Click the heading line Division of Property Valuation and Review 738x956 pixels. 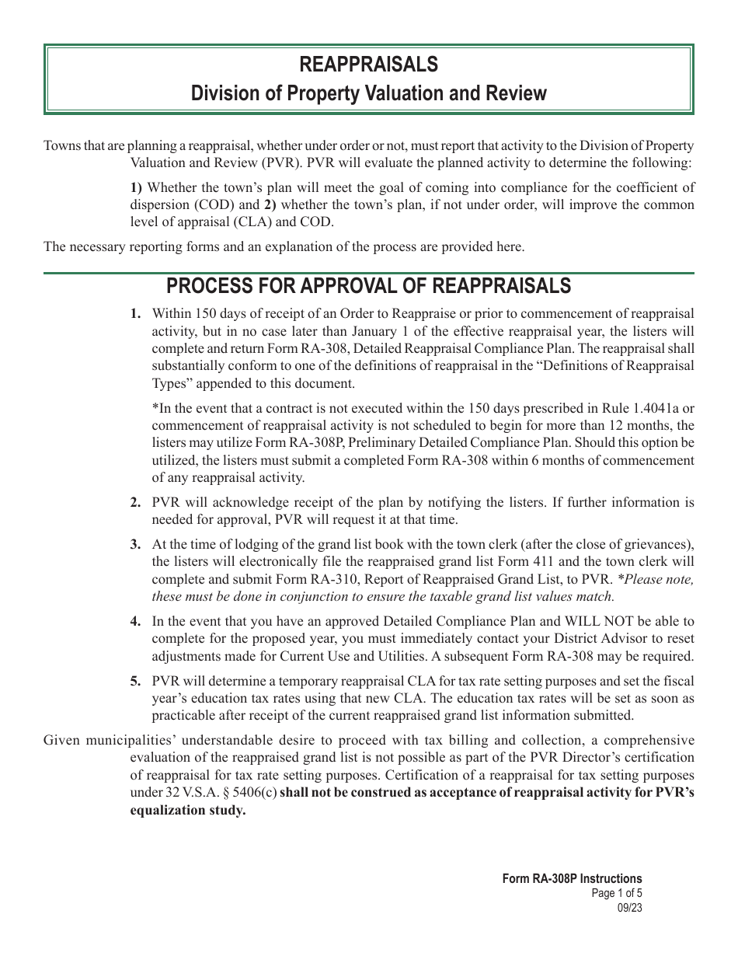[369, 94]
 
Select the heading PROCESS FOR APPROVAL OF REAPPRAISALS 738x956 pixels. [369, 286]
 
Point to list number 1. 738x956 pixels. [136, 314]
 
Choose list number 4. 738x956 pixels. [136, 621]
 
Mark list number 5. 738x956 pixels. [136, 681]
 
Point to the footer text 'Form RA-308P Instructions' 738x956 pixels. [572, 879]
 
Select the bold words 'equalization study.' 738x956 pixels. [187, 810]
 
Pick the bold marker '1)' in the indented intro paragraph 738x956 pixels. [136, 187]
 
